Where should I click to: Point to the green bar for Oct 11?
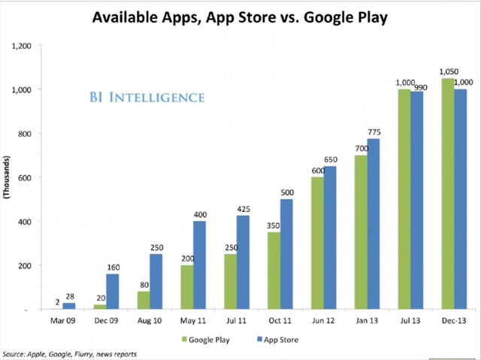274,271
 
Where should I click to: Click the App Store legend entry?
279,339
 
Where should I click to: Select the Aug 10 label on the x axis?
150,321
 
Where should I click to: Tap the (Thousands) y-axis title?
9,177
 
